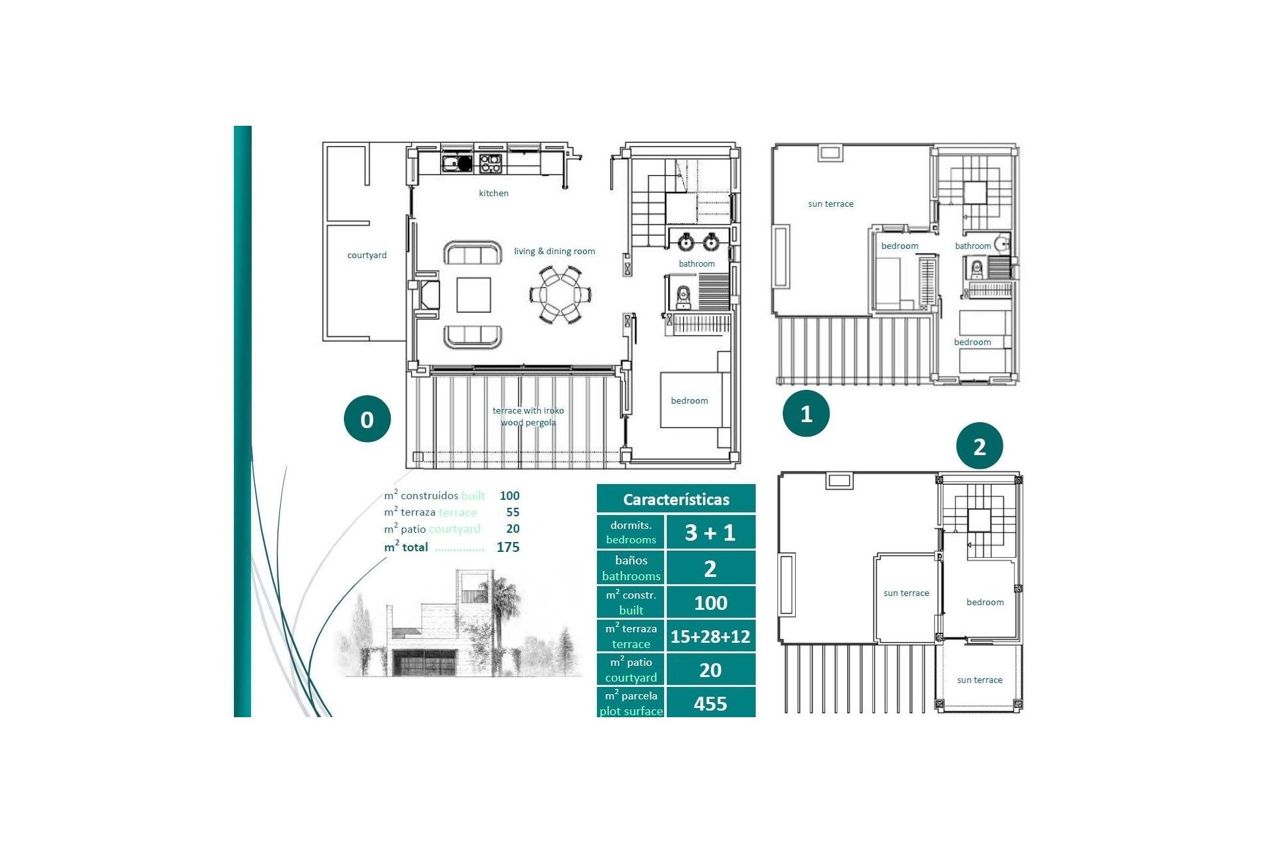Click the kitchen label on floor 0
tap(493, 193)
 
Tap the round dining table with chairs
tap(560, 294)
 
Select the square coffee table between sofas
tap(474, 294)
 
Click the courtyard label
tap(367, 255)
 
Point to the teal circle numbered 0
tap(367, 419)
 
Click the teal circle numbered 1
tap(806, 414)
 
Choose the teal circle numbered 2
tap(979, 446)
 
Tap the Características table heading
tap(676, 499)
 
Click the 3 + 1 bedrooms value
tap(710, 532)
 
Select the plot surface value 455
tap(710, 703)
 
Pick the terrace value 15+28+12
tap(710, 636)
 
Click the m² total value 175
tap(508, 547)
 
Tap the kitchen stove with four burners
tap(490, 163)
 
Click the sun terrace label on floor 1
tap(830, 204)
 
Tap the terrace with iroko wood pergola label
tap(528, 416)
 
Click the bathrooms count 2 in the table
tap(710, 568)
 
